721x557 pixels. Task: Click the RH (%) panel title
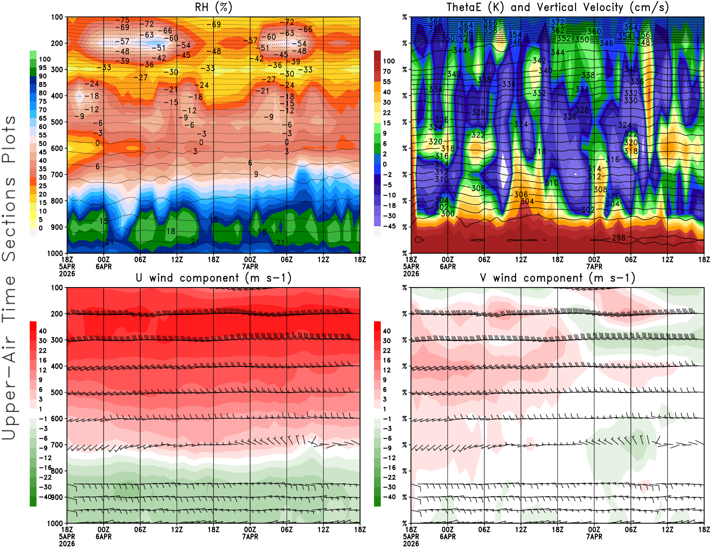click(x=213, y=7)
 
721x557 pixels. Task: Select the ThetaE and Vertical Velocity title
click(x=557, y=7)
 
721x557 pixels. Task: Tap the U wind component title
click(x=213, y=278)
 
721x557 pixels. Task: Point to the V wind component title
click(x=557, y=278)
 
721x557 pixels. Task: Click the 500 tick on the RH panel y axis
click(x=57, y=122)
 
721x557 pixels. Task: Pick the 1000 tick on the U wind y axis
click(x=55, y=523)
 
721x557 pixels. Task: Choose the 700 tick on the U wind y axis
click(x=57, y=445)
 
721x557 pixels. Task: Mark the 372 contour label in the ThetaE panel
click(x=557, y=22)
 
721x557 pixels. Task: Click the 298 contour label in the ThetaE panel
click(x=619, y=237)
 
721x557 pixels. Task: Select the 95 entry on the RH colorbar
click(x=42, y=68)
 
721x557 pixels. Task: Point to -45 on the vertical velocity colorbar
click(x=389, y=226)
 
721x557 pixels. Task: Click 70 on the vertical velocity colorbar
click(x=387, y=71)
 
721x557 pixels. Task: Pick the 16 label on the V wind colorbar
click(x=387, y=360)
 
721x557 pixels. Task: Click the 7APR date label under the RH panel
click(x=250, y=266)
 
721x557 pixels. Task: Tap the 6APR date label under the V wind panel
click(x=447, y=537)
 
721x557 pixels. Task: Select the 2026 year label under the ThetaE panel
click(x=411, y=274)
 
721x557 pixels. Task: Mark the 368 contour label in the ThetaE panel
click(x=436, y=21)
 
